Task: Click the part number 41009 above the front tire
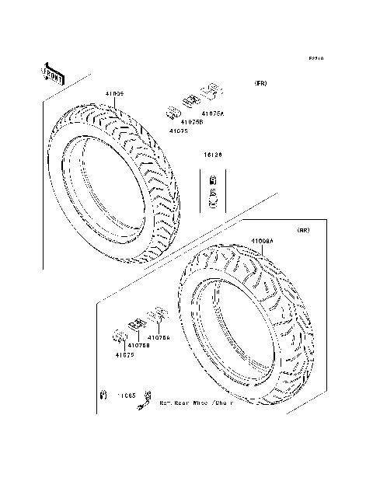pos(114,94)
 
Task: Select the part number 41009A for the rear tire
pos(262,242)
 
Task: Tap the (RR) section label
pos(305,231)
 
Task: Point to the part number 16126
pos(214,156)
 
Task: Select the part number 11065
pos(127,396)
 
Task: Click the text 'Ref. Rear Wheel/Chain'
pos(196,403)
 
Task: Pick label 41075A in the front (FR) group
pos(211,113)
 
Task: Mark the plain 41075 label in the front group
pos(180,131)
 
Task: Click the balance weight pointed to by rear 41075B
pos(134,324)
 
